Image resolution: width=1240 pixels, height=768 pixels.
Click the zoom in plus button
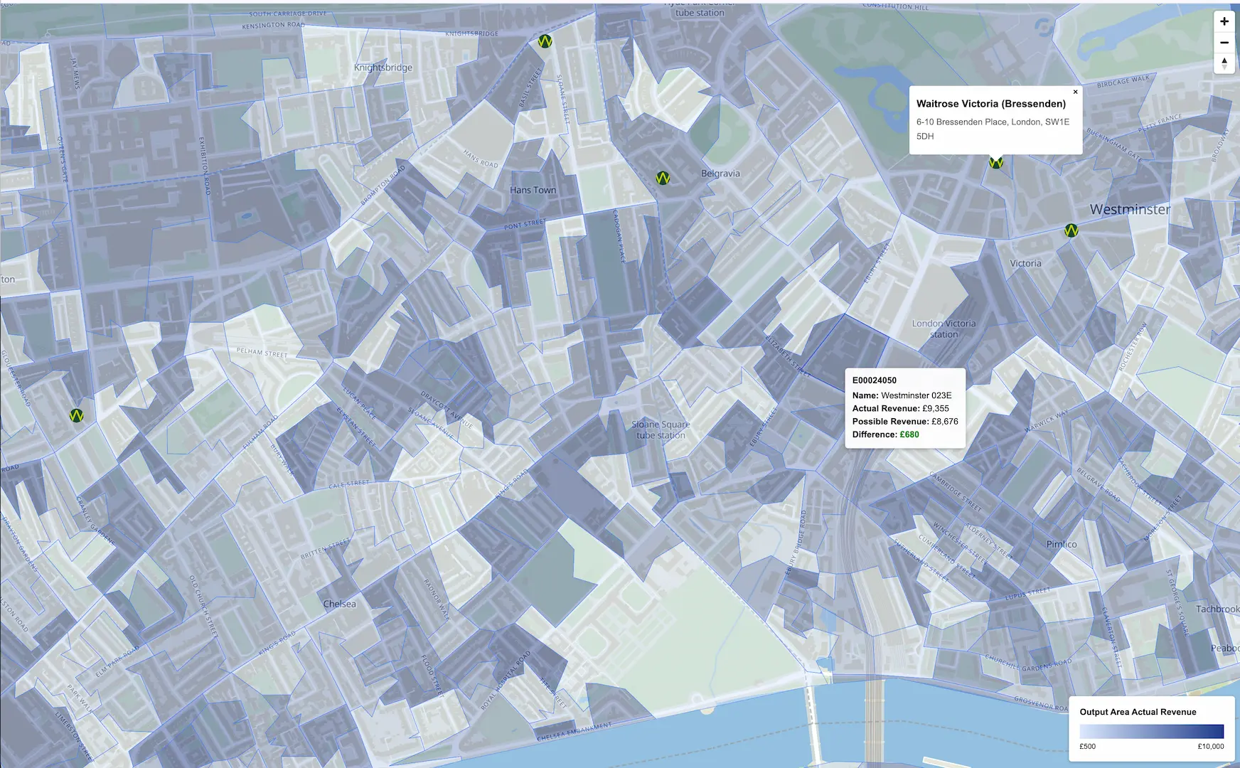point(1224,21)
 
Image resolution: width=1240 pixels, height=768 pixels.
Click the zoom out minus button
point(1224,43)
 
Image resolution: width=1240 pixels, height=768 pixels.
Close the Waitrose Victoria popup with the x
point(1075,92)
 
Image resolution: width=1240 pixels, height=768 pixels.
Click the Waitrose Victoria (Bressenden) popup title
point(990,104)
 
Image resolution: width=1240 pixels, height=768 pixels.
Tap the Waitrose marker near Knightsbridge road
point(545,41)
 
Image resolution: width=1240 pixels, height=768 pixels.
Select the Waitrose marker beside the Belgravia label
point(663,178)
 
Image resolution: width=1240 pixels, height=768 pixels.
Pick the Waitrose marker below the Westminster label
point(1071,230)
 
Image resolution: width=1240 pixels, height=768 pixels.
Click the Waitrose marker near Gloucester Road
point(76,415)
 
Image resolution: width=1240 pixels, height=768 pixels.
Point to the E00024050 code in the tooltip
point(874,380)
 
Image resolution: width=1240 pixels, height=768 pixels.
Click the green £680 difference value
point(909,434)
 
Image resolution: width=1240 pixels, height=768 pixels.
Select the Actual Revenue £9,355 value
point(936,408)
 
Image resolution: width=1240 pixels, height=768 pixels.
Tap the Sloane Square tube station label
point(661,430)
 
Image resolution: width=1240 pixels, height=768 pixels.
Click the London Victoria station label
point(944,329)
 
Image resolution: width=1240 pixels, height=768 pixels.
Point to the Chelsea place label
point(339,604)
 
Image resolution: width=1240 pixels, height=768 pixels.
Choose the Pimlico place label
point(1061,544)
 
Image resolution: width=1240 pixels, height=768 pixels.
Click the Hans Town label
point(533,190)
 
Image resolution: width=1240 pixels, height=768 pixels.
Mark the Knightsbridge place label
point(383,68)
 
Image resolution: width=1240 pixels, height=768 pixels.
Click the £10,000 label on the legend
point(1210,746)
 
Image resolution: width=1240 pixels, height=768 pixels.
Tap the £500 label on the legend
point(1087,746)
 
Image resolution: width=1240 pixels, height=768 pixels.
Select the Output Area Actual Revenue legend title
point(1138,712)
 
